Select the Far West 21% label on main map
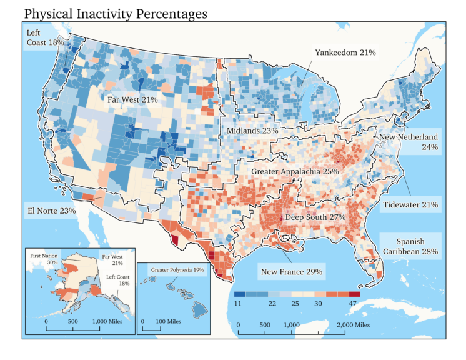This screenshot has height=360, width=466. [132, 99]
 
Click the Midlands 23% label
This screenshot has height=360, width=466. [252, 131]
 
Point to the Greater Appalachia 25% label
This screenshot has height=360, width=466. [295, 171]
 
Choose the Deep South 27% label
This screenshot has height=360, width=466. [315, 217]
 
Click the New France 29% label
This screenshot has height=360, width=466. [291, 272]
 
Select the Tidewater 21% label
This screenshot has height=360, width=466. [410, 204]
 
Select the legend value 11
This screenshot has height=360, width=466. [239, 304]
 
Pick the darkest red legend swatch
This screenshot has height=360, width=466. [354, 293]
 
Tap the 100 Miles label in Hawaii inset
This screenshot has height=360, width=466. [166, 321]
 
